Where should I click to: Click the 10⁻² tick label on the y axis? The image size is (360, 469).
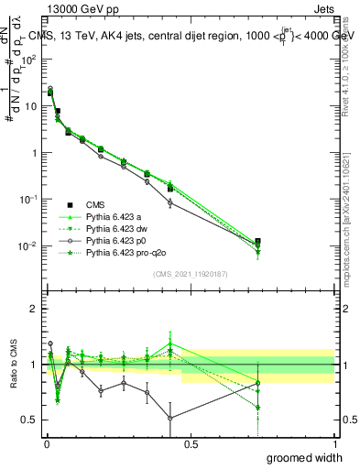tap(30, 246)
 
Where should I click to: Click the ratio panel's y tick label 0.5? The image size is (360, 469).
tap(33, 420)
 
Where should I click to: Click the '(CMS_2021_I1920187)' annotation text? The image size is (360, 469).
tap(190, 274)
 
